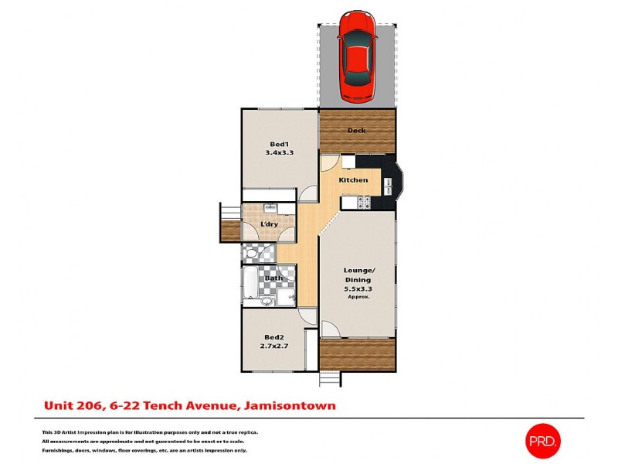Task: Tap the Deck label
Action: click(x=356, y=131)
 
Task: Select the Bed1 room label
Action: click(x=279, y=144)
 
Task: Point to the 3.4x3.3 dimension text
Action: click(x=279, y=153)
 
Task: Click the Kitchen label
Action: click(x=354, y=180)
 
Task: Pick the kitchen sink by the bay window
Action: click(x=389, y=186)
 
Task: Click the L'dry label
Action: click(x=270, y=224)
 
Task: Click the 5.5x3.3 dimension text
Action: click(x=358, y=289)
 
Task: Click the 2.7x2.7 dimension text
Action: click(x=274, y=346)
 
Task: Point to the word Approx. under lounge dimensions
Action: click(x=358, y=297)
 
